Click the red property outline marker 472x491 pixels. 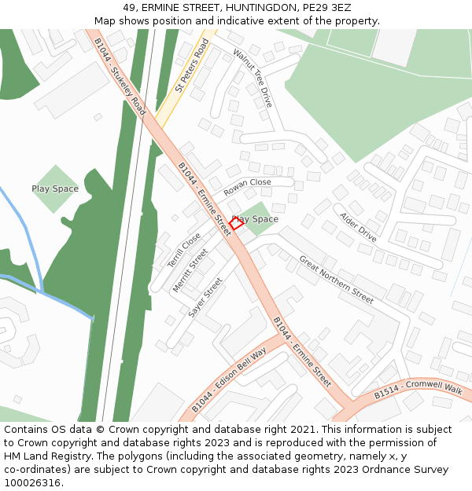[236, 223]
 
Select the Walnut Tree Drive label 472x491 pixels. [253, 77]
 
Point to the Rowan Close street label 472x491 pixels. [247, 188]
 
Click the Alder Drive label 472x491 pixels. [358, 226]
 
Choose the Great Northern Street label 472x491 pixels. [336, 279]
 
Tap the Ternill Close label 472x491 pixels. [183, 251]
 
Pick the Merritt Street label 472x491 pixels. [190, 271]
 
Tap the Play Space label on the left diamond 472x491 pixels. [55, 189]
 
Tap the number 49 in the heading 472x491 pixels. [129, 8]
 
